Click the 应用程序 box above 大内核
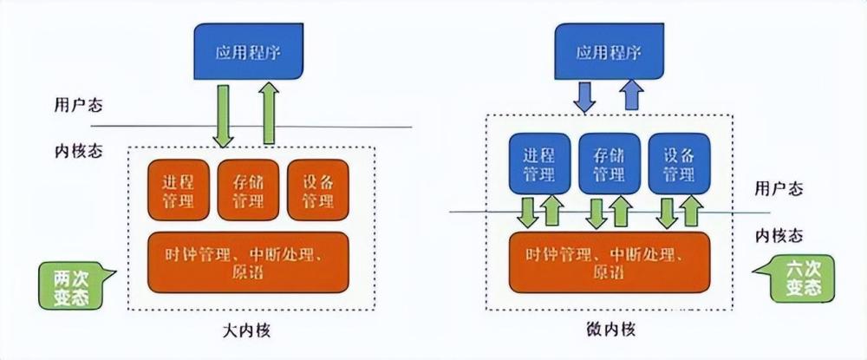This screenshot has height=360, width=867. tap(248, 51)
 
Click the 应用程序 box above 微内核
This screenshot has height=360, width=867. tap(609, 51)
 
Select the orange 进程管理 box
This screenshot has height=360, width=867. tap(179, 190)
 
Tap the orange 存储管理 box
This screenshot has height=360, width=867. tap(248, 190)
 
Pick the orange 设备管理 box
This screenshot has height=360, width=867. tap(318, 190)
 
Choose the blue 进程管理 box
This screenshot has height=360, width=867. tap(539, 164)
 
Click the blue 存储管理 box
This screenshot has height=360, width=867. tap(609, 164)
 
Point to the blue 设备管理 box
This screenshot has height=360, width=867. tap(679, 164)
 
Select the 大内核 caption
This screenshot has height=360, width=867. tap(248, 331)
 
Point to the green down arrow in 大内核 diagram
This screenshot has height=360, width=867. tap(224, 116)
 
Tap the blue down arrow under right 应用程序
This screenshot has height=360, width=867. tap(583, 97)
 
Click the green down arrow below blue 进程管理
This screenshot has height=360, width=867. tap(528, 213)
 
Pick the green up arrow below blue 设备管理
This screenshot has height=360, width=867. tap(691, 211)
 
